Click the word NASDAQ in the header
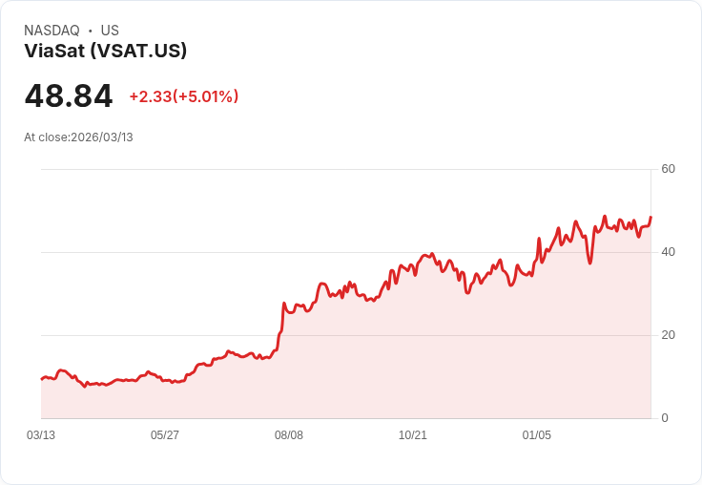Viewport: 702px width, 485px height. coord(52,31)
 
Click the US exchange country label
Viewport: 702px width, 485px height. coord(110,31)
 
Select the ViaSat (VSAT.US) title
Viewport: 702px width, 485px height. coord(106,52)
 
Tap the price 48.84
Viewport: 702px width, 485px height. coord(69,96)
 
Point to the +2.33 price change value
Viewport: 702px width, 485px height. coord(150,96)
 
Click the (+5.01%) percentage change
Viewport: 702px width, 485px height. coord(205,96)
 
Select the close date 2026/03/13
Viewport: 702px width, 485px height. coord(102,137)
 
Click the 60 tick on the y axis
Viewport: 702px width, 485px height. coord(668,169)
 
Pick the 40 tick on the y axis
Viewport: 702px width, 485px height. coord(668,252)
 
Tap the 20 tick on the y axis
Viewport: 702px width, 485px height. coord(668,335)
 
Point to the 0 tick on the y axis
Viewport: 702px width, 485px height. coord(665,418)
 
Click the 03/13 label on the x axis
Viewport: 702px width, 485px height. coord(41,435)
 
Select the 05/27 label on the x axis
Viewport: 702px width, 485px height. coord(165,435)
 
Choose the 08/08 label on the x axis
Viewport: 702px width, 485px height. coord(289,435)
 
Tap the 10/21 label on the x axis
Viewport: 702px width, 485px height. coord(413,435)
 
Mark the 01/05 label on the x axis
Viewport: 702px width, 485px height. coord(537,435)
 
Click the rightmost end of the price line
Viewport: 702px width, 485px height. coord(650,218)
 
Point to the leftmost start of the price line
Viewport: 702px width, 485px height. coord(41,379)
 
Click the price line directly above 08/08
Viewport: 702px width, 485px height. coord(289,310)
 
